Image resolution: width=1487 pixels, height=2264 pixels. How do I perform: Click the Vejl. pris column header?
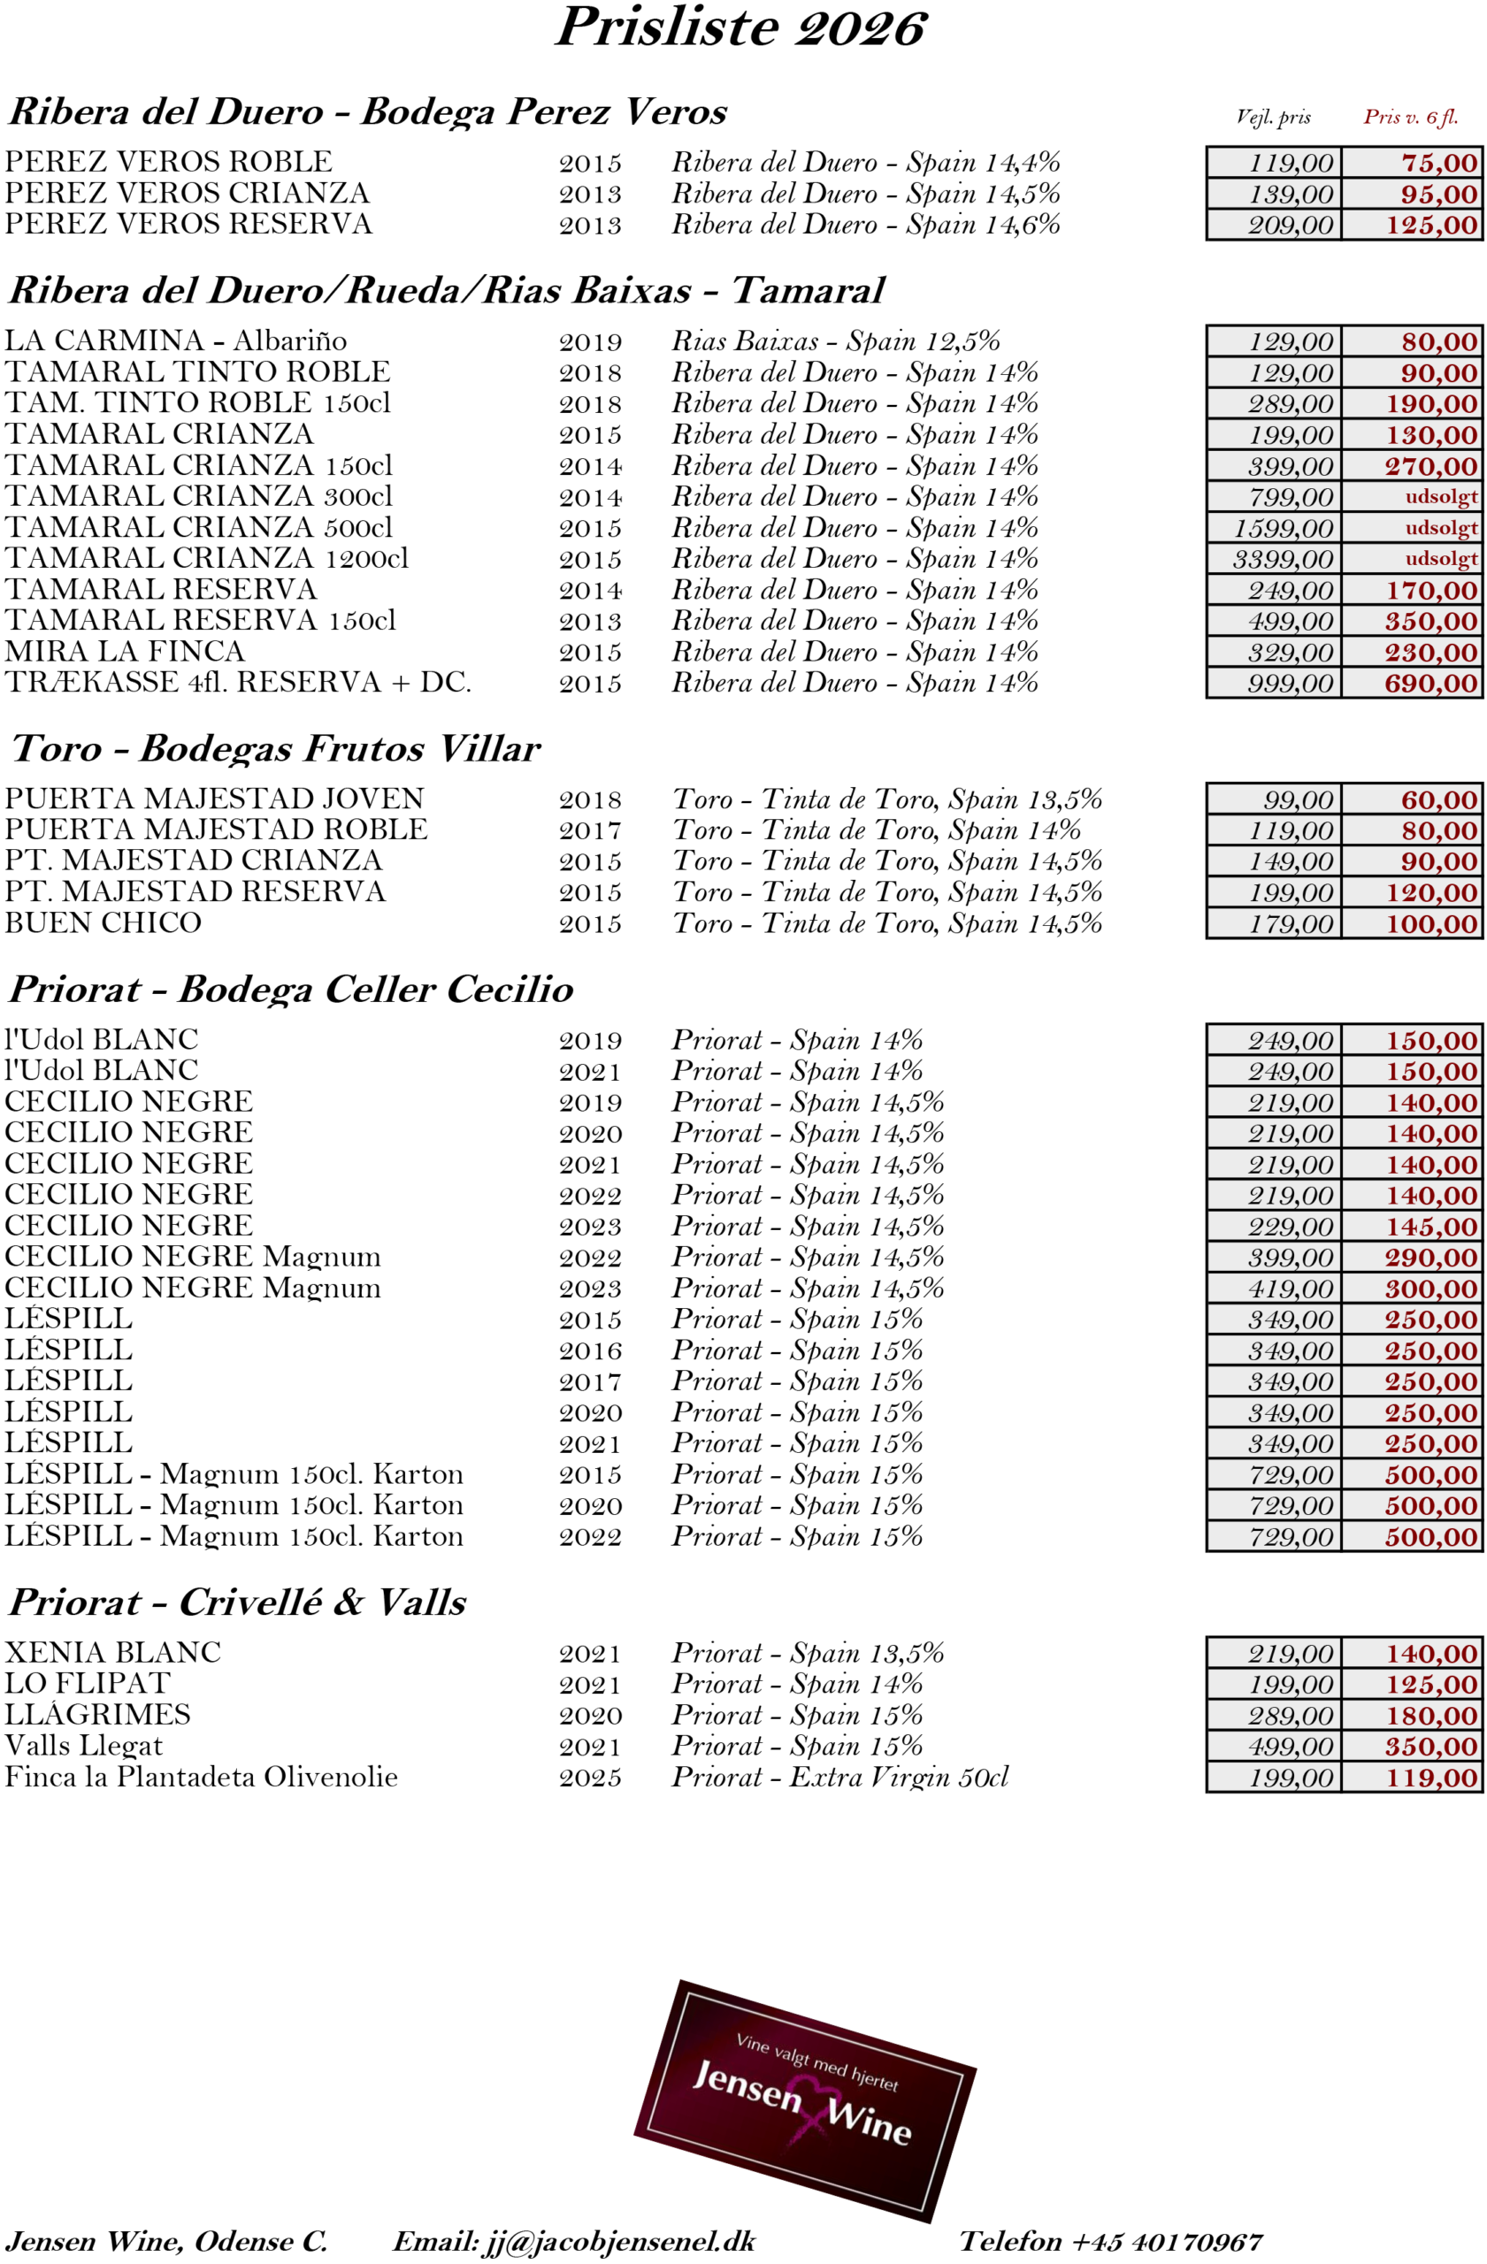(x=1272, y=117)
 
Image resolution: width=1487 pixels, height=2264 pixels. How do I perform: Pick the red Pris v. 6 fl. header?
(x=1410, y=117)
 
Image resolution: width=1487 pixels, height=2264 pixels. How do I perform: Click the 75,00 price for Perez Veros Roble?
(x=1438, y=163)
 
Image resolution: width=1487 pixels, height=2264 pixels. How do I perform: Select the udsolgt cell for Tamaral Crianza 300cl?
(x=1440, y=496)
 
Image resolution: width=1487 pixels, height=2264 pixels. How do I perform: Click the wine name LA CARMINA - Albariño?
(x=176, y=340)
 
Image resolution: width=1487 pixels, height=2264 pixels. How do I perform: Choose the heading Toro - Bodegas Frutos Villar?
(x=275, y=749)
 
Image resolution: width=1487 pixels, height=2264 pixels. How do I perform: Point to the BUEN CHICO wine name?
(x=103, y=922)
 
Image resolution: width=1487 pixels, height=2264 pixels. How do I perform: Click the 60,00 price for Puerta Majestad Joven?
(x=1438, y=800)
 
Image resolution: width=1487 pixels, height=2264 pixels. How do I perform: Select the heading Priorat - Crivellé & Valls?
(x=238, y=1602)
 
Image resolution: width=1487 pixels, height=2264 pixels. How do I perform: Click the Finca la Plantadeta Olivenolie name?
(x=201, y=1777)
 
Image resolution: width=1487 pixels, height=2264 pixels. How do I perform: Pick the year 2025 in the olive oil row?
(x=590, y=1778)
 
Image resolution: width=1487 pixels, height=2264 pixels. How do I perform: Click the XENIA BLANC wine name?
(x=112, y=1652)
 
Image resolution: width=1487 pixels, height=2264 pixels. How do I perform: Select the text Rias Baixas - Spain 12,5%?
(x=835, y=340)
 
